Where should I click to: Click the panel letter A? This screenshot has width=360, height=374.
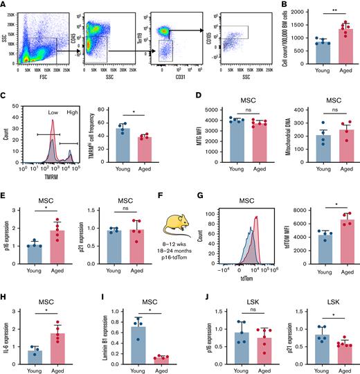(x=4, y=5)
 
